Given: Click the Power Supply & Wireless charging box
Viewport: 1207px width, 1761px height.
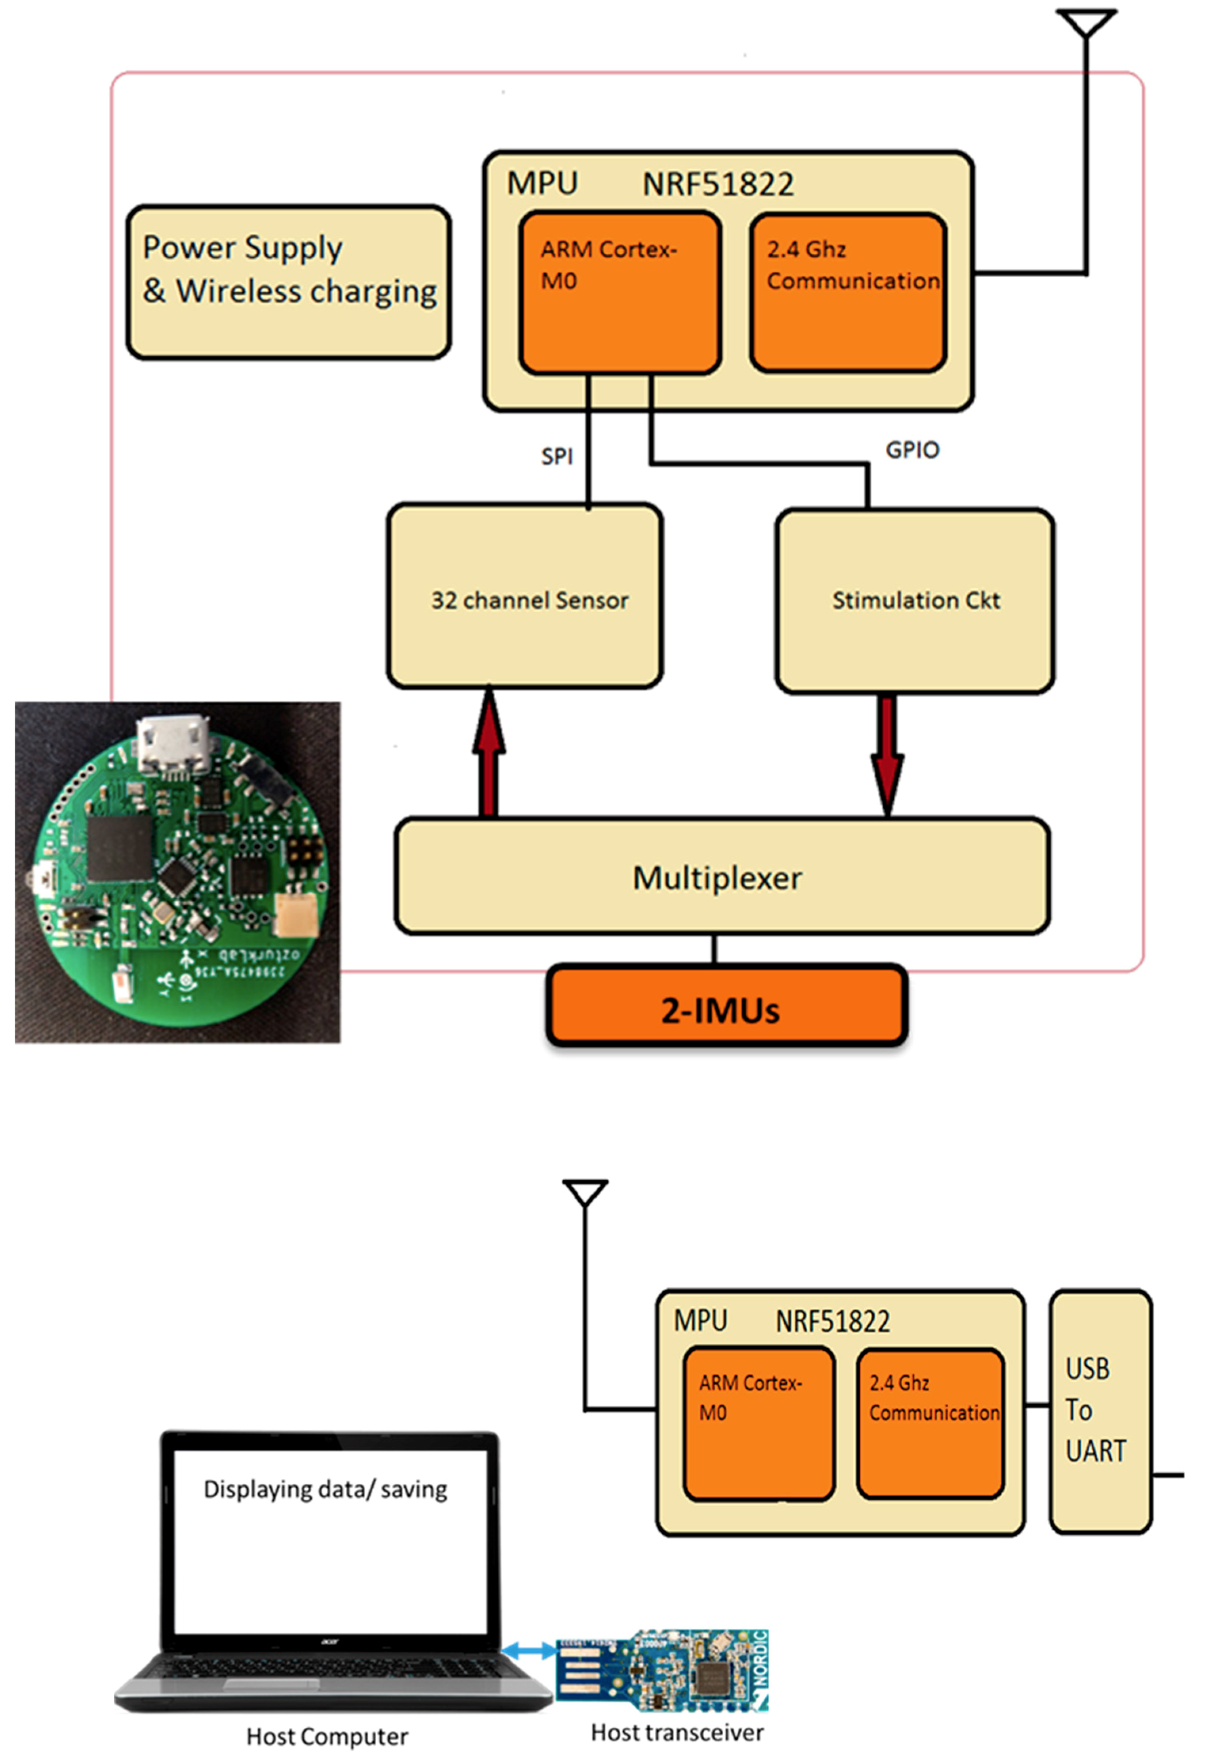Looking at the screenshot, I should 289,282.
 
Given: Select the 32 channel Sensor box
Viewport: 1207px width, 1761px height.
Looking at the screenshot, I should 525,597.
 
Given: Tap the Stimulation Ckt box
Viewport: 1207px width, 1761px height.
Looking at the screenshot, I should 915,600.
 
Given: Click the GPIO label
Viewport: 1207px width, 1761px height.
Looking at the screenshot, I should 912,450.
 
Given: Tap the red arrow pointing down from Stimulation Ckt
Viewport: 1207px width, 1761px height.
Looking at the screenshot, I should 887,755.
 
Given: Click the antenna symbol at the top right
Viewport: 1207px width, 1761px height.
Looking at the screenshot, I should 1087,23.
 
